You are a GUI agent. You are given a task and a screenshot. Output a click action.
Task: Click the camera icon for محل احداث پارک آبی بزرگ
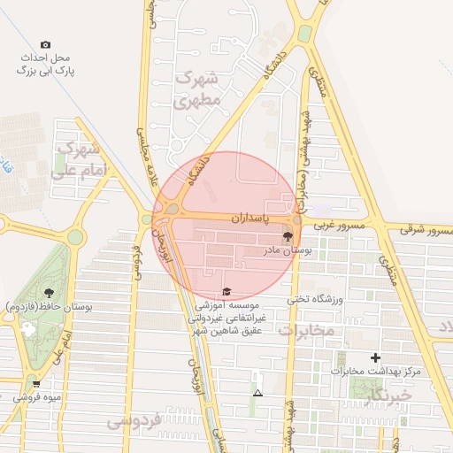pyautogui.click(x=46, y=44)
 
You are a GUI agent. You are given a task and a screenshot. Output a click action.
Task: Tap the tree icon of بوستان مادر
pyautogui.click(x=287, y=237)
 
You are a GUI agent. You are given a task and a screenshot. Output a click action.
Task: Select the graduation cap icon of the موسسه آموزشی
pyautogui.click(x=226, y=292)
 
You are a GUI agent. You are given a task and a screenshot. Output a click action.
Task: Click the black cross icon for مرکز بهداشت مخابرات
pyautogui.click(x=375, y=357)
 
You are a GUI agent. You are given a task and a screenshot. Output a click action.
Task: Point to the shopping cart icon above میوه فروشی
pyautogui.click(x=36, y=383)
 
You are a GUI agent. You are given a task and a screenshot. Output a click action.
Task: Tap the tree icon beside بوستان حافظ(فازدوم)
pyautogui.click(x=48, y=292)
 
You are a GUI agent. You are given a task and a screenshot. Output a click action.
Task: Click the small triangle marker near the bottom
pyautogui.click(x=257, y=393)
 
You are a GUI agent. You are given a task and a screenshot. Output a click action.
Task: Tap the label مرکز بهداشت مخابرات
pyautogui.click(x=376, y=371)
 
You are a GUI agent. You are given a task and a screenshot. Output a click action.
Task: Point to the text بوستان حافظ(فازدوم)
pyautogui.click(x=50, y=307)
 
